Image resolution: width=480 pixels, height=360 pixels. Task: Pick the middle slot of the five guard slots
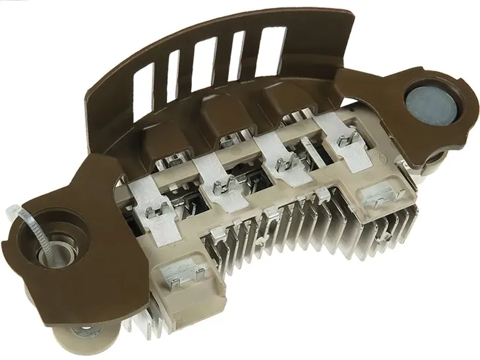pyautogui.click(x=204, y=64)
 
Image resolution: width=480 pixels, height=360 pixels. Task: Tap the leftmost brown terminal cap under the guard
pyautogui.click(x=165, y=143)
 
